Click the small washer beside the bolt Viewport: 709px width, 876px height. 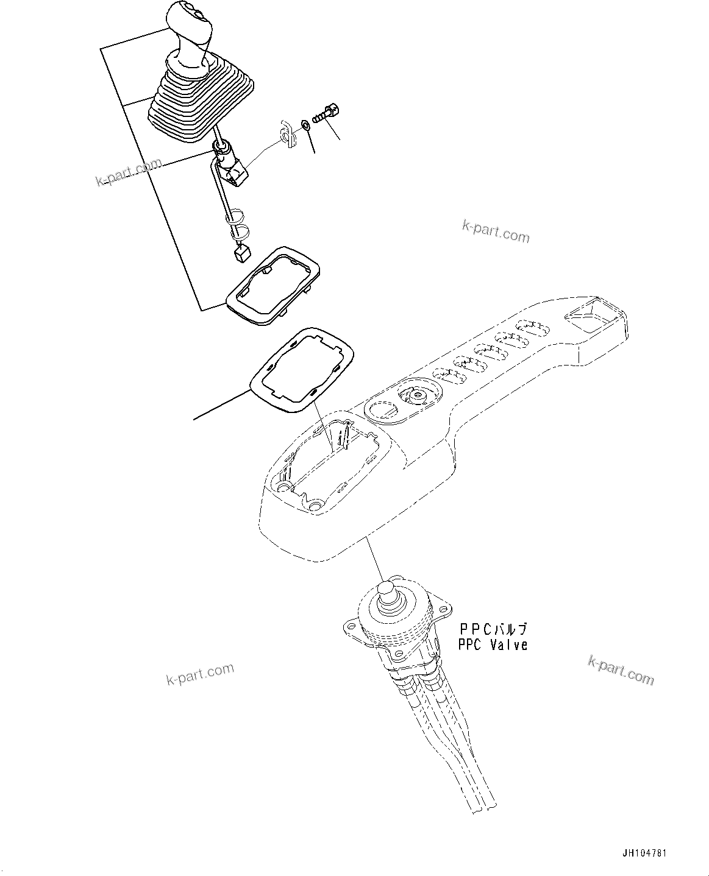pos(304,126)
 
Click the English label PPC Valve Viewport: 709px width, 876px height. pos(493,645)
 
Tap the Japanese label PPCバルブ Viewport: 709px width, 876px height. pos(493,630)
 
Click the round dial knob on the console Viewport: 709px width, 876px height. pos(418,394)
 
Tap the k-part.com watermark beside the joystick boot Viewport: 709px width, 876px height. pos(129,173)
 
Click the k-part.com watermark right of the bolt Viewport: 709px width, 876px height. pos(495,232)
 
